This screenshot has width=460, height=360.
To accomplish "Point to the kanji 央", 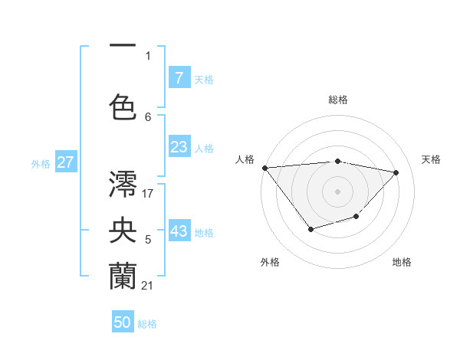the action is point(123,229).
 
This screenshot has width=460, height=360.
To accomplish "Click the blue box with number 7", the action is point(179,77).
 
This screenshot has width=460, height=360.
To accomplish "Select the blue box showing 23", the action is point(179,147).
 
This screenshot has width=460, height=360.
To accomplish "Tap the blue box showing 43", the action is point(179,231).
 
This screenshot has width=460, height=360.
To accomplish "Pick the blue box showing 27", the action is point(65,162).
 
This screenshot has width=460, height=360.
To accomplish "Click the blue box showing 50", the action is point(123,322).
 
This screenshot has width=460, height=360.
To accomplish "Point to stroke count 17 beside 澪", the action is point(148,193).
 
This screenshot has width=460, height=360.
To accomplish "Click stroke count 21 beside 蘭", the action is point(148,285).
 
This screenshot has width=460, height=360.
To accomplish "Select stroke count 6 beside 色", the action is point(148,116).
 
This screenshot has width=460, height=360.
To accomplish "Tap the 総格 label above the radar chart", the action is point(337,100).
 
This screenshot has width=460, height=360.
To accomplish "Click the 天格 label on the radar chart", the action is point(431,159).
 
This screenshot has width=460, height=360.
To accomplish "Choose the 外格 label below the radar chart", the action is point(270,262).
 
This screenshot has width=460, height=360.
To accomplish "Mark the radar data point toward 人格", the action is point(264,168).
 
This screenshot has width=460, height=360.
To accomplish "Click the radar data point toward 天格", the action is point(396,172).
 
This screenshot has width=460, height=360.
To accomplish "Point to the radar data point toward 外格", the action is point(310,229).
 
